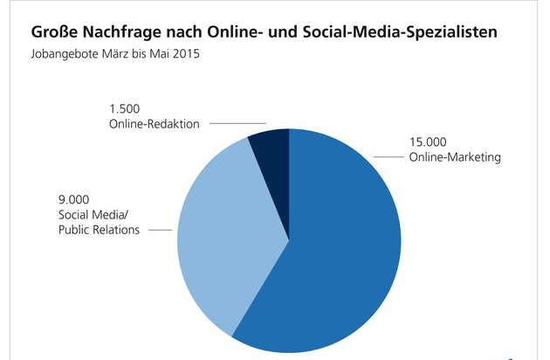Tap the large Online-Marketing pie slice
340,253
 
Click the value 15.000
429,142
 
